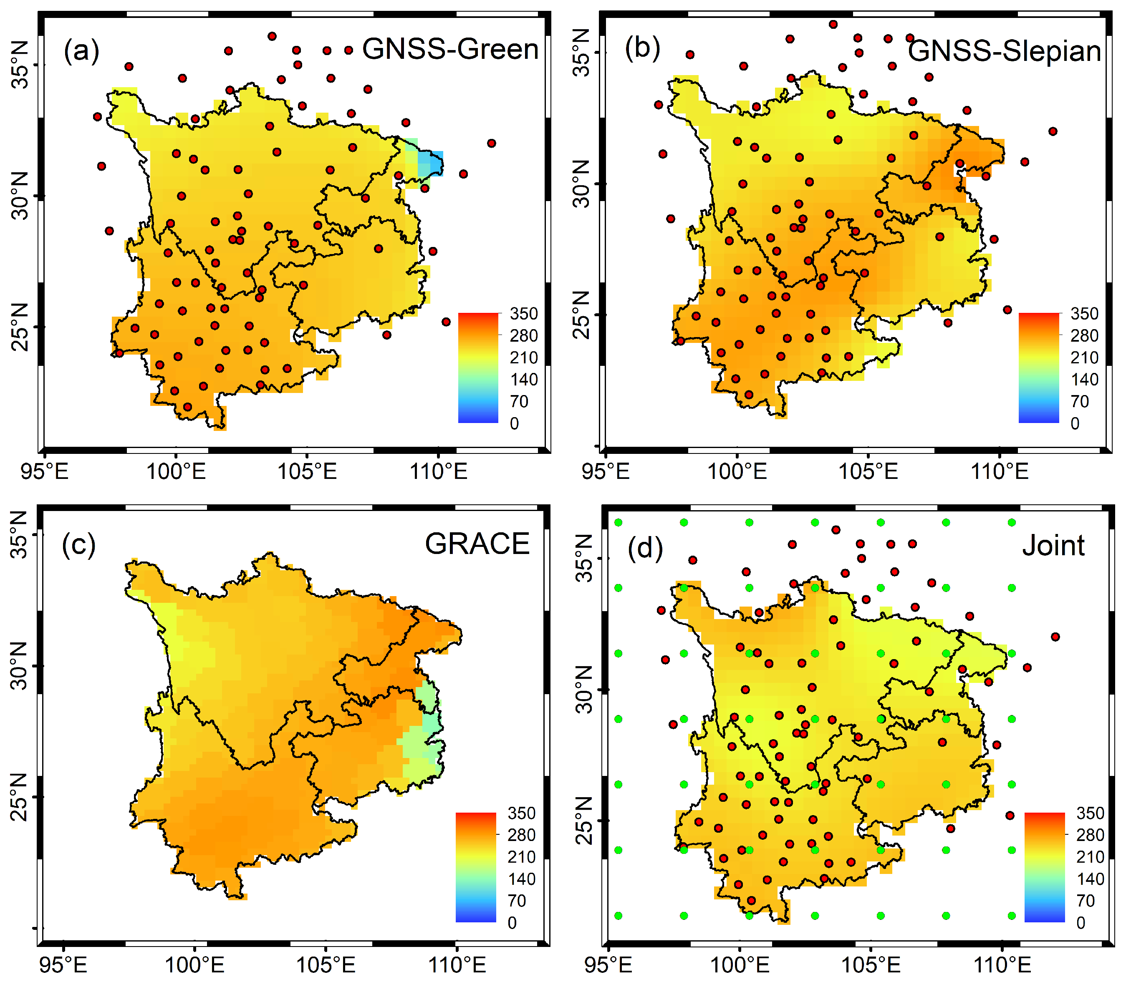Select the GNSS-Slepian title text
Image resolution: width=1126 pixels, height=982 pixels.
pos(1004,51)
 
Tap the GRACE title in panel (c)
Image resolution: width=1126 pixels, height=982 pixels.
pos(477,544)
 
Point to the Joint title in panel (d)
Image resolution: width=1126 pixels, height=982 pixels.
pos(1053,546)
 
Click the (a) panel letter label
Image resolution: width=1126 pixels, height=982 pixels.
pos(81,50)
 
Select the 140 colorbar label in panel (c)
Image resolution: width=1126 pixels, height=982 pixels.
pos(521,879)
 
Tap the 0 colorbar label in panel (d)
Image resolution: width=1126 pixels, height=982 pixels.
pos(1081,923)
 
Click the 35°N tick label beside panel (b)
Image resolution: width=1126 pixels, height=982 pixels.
pos(582,53)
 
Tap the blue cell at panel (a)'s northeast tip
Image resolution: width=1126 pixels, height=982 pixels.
pos(432,163)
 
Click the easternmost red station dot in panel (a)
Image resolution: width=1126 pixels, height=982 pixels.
pos(491,144)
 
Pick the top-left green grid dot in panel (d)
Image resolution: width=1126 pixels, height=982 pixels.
pos(619,522)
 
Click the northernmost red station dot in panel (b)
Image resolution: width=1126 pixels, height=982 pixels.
pos(833,24)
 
